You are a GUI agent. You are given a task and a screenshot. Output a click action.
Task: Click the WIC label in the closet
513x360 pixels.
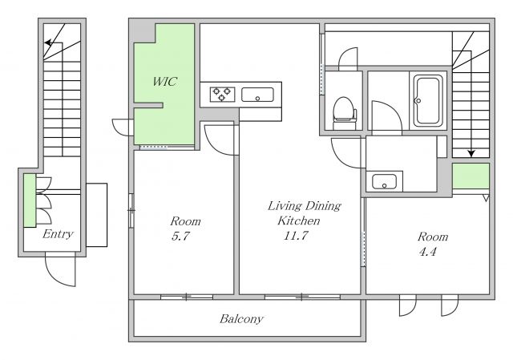tap(165, 82)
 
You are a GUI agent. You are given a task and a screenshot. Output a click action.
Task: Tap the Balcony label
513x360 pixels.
tap(242, 319)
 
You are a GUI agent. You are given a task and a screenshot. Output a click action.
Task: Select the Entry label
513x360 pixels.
tap(58, 234)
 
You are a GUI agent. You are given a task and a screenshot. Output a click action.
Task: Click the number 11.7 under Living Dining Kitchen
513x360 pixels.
tap(296, 235)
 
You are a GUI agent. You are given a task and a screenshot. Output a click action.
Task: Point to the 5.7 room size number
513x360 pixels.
tap(180, 236)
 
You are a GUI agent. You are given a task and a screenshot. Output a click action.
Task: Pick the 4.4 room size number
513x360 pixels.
tap(427, 252)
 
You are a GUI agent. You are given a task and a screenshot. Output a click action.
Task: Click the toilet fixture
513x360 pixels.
tap(344, 113)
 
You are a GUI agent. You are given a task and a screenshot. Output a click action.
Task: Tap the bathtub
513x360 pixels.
tap(428, 100)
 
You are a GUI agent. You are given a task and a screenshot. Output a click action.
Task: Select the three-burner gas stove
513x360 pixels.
tap(223, 95)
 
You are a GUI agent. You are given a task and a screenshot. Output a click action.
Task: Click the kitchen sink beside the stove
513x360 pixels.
tap(257, 95)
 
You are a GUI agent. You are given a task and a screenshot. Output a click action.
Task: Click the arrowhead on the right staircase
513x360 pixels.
tap(471, 153)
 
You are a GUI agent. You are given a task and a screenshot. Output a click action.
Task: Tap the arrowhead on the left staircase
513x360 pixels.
tap(48, 42)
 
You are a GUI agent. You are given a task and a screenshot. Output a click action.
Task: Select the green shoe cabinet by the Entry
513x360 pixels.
tap(30, 200)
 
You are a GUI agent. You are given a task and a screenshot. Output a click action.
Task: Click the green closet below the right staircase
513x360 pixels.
tap(471, 176)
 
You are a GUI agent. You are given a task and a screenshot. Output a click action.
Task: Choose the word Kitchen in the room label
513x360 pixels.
tap(299, 220)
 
